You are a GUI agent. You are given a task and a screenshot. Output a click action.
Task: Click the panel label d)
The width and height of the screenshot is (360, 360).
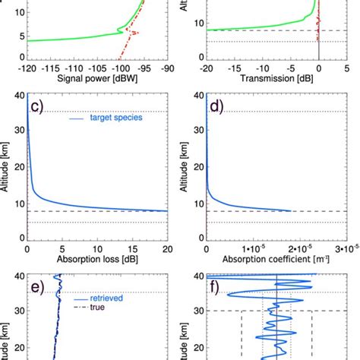[218, 106]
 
